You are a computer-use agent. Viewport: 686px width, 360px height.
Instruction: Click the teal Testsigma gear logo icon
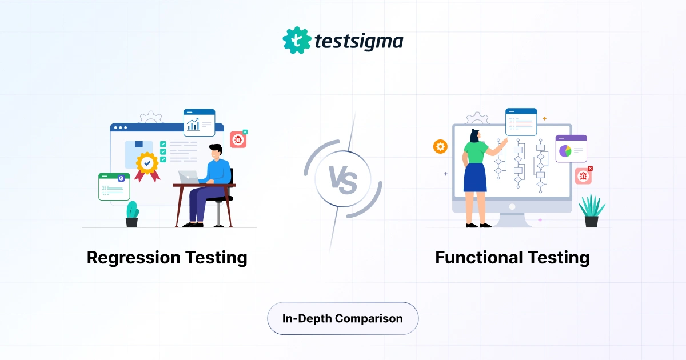tap(296, 40)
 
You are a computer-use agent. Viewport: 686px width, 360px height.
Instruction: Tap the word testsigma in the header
tap(359, 41)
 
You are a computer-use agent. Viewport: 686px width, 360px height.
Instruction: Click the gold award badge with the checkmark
tap(147, 163)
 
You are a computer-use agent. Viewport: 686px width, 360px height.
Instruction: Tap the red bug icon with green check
tap(238, 139)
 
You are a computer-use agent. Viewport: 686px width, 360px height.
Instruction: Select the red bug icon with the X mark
tap(583, 176)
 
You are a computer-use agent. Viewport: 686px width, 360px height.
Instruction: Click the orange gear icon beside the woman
tap(440, 147)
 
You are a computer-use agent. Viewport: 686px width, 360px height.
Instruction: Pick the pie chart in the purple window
tap(565, 150)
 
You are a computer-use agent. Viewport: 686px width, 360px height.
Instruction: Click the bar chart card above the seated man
tap(199, 123)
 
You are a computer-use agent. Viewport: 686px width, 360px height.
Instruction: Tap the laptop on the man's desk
tap(189, 177)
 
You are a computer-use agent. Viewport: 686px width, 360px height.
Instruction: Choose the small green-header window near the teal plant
tap(114, 186)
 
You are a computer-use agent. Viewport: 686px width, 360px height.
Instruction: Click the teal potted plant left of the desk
tap(132, 214)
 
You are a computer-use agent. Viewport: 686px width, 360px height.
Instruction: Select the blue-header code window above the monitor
tap(521, 121)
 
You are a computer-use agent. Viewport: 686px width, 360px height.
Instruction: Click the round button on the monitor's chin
tap(512, 206)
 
